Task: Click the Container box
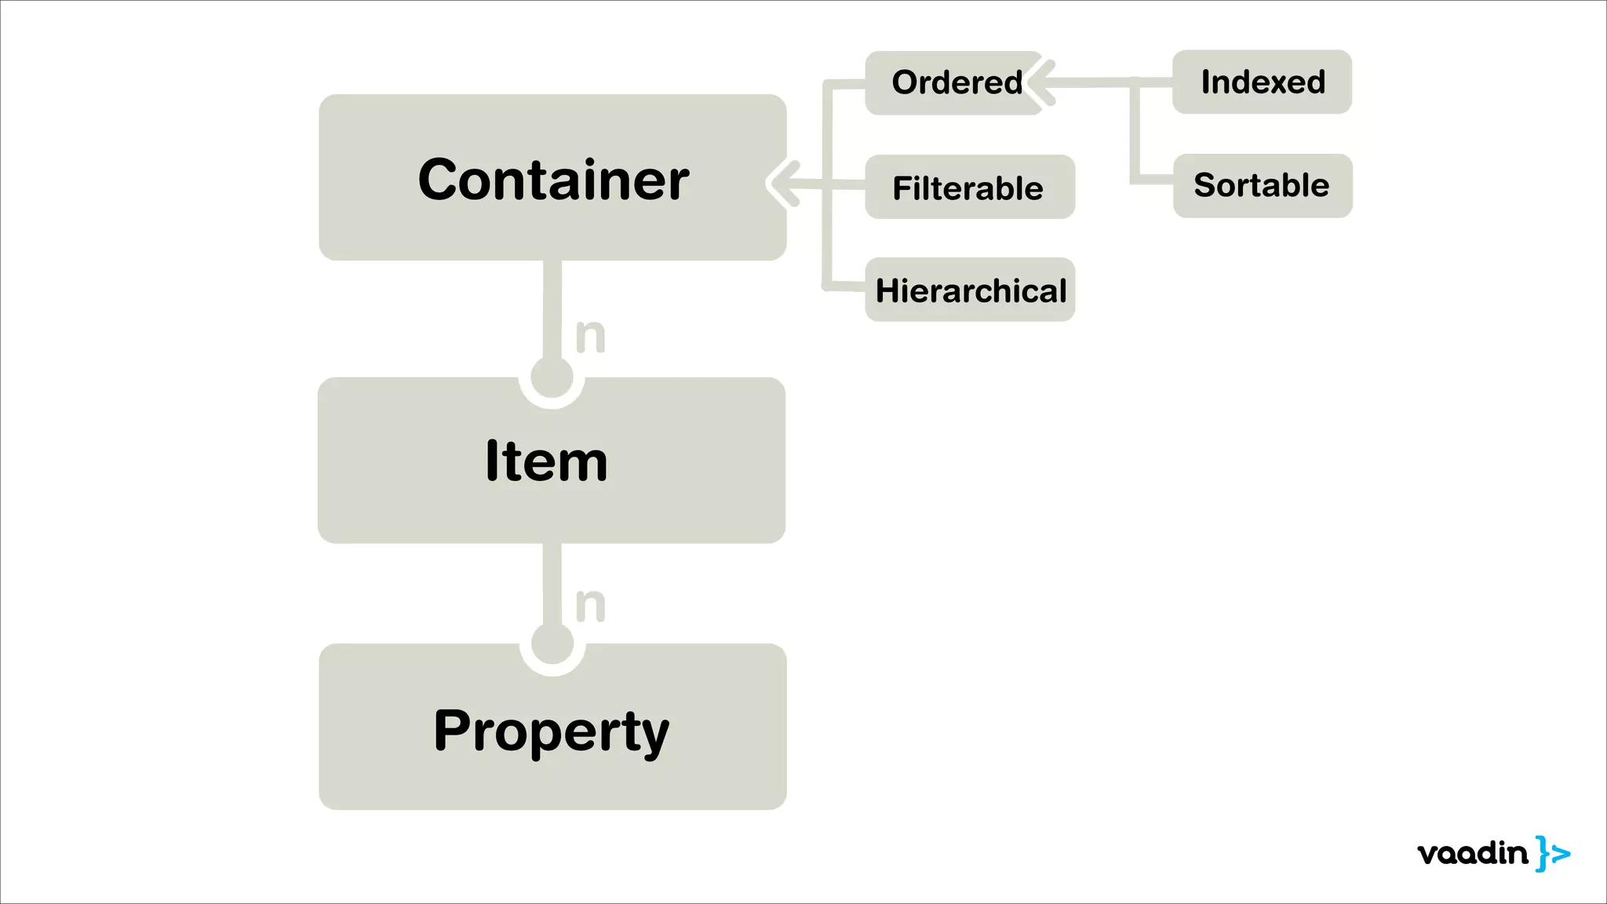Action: tap(552, 178)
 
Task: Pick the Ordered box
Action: tap(954, 83)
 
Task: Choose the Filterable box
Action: tap(970, 188)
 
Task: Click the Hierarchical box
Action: tap(970, 290)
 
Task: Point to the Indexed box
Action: tap(1262, 82)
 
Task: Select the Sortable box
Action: tap(1262, 186)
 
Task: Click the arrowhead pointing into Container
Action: tap(782, 184)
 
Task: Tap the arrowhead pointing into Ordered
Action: tap(1040, 82)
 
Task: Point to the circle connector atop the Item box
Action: tap(552, 378)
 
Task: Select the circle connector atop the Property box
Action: tap(552, 645)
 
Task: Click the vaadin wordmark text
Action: tap(1473, 853)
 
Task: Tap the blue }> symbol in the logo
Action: tap(1552, 853)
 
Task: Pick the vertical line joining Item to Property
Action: tap(552, 584)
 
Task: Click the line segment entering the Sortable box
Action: tap(1153, 180)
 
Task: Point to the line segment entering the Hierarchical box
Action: tap(846, 286)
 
